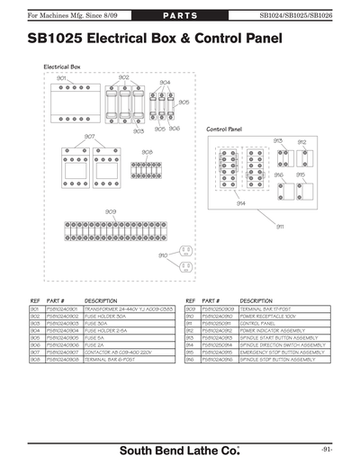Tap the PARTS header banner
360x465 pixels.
pos(180,16)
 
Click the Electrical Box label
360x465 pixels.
pos(62,67)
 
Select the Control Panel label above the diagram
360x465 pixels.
pos(224,130)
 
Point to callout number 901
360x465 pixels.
pos(61,78)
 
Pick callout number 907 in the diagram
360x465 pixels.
pos(89,137)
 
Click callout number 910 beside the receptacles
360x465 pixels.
pos(163,255)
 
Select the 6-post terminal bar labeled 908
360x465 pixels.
pos(146,167)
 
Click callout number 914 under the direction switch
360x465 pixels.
pos(241,203)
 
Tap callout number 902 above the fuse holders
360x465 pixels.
pos(123,78)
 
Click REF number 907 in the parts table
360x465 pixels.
pos(36,352)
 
